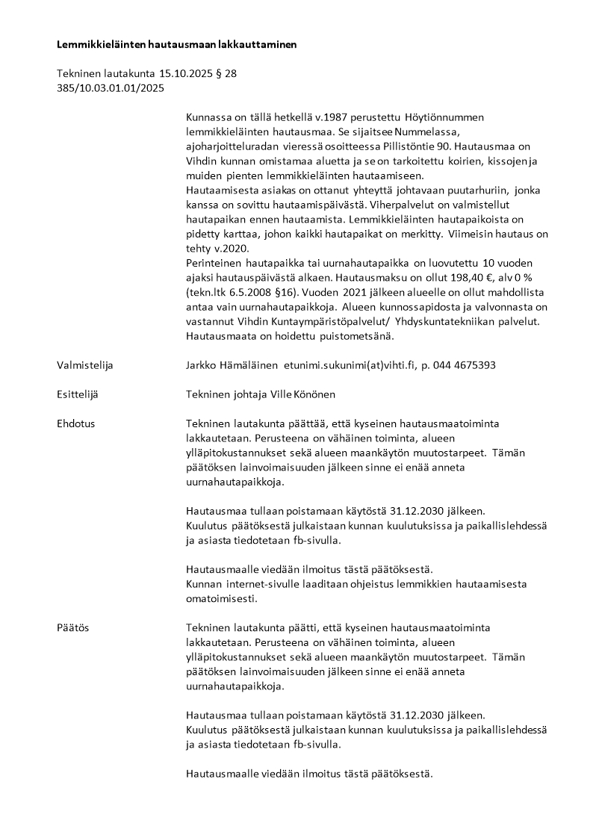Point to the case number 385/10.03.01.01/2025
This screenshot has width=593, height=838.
click(x=111, y=88)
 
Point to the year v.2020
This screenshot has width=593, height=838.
click(x=234, y=248)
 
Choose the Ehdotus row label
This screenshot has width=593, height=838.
click(x=75, y=423)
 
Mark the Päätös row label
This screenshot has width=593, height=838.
click(x=72, y=628)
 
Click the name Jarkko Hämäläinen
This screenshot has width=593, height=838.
click(x=231, y=365)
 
